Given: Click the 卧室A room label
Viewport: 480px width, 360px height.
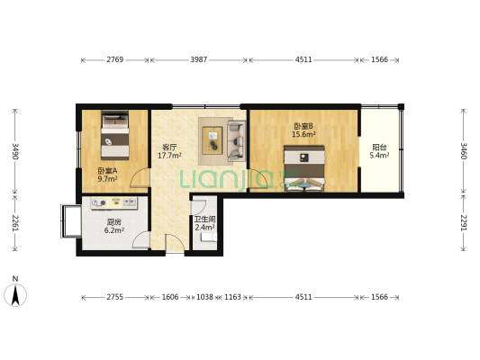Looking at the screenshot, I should click(108, 170).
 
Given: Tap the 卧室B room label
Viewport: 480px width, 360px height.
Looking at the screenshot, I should click(303, 126).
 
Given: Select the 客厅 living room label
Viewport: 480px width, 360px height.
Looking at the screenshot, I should click(168, 147).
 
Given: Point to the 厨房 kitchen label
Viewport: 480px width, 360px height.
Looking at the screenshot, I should click(113, 221).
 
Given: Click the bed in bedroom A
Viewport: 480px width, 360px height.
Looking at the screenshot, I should click(114, 134).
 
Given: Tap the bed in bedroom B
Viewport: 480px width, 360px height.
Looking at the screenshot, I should click(304, 170).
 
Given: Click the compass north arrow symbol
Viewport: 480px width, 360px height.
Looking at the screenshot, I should click(15, 293).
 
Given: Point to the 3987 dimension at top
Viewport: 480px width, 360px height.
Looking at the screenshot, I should click(199, 59).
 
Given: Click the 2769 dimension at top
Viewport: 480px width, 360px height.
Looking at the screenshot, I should click(114, 59).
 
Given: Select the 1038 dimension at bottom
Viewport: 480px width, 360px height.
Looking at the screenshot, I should click(204, 296).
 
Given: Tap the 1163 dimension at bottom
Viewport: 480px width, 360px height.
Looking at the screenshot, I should click(232, 296).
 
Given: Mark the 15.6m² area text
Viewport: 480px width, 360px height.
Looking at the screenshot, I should click(303, 135).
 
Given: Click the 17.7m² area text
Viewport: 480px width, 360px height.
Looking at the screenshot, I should click(169, 156).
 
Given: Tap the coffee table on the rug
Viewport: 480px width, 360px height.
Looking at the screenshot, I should click(214, 140).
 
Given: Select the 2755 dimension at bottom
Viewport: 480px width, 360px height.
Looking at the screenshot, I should click(114, 296).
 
